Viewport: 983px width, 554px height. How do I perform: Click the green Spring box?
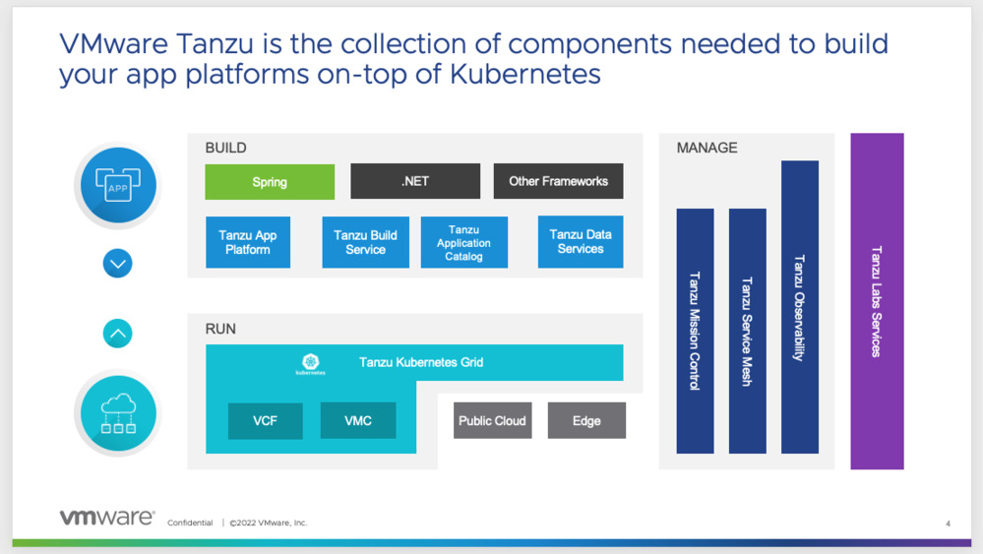point(270,182)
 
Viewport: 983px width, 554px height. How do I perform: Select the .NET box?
point(415,182)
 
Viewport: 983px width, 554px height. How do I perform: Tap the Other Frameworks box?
point(558,182)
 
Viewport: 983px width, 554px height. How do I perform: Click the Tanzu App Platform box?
point(248,242)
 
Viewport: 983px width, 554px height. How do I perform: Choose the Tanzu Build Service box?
point(365,242)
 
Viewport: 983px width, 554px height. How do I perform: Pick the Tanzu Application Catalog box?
point(464,242)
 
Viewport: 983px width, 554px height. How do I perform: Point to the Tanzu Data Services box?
point(581,242)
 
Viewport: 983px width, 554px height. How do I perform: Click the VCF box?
point(265,421)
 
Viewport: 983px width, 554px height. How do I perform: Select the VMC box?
point(358,421)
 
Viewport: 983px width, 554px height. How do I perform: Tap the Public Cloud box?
point(492,421)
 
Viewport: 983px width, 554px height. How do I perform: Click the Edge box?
point(586,421)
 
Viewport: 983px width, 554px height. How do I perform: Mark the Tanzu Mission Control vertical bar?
point(695,331)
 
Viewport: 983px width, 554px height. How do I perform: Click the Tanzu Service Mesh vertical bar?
point(747,331)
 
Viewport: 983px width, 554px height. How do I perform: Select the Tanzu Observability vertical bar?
point(799,307)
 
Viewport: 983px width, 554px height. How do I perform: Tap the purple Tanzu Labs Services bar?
point(877,301)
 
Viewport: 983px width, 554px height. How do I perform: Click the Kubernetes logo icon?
point(311,364)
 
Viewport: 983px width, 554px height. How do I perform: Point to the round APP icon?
point(118,184)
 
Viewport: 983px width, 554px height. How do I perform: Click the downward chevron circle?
point(118,264)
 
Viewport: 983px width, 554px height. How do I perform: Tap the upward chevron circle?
point(118,334)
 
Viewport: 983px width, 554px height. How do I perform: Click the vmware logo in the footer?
point(106,518)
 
